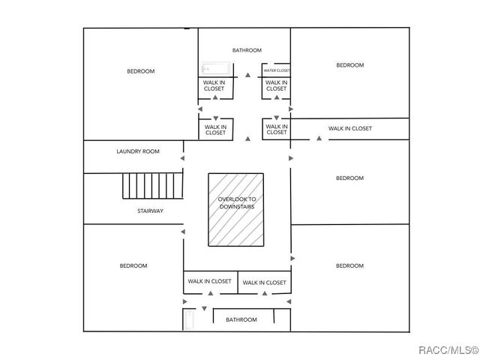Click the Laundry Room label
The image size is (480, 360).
point(138,151)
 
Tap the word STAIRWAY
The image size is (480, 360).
point(150,211)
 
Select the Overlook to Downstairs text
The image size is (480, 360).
point(237,202)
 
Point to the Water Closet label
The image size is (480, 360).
point(276,70)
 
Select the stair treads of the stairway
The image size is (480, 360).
point(153,184)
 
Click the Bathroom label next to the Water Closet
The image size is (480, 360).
point(247,50)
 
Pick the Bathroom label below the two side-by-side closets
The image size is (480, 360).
point(241,319)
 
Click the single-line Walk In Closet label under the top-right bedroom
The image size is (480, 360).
point(349,128)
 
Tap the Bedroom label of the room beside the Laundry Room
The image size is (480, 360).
point(140,71)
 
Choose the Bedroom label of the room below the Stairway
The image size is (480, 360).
point(133,265)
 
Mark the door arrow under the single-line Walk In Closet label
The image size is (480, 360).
point(319,139)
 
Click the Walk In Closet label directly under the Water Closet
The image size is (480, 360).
point(276,85)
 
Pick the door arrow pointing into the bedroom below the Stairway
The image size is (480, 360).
point(182,232)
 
